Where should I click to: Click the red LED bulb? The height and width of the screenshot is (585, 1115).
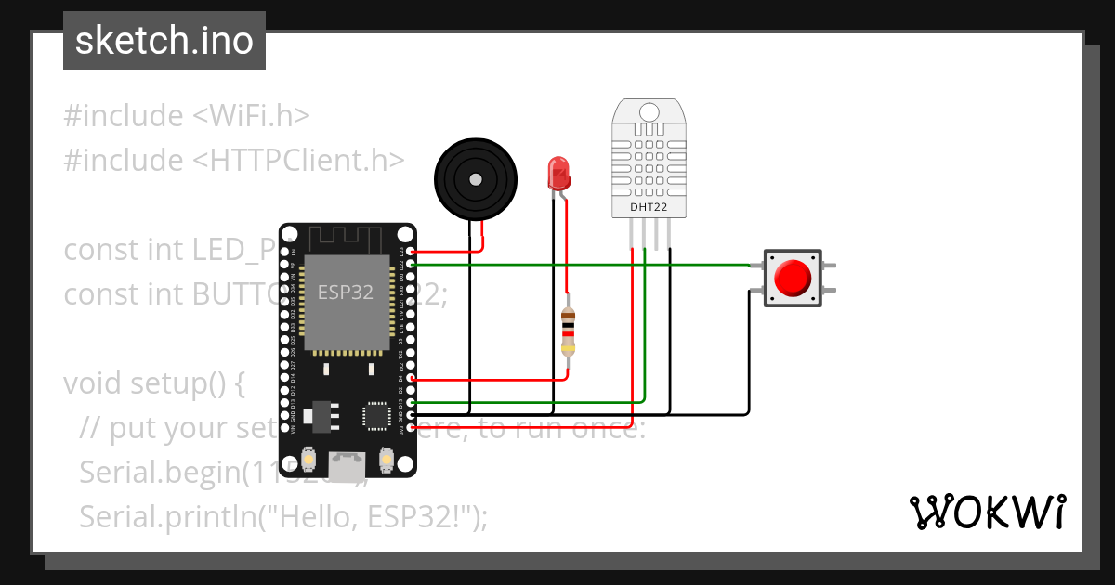click(x=558, y=173)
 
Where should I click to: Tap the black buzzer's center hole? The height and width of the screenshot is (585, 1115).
click(x=474, y=179)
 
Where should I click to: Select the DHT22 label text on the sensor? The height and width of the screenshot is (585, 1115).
click(x=649, y=206)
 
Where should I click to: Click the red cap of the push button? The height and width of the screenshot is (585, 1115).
click(x=793, y=278)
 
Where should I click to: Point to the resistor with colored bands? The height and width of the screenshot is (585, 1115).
click(x=568, y=332)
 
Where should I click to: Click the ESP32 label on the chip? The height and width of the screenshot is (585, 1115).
click(x=346, y=292)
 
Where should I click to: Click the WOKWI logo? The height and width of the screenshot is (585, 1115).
click(x=987, y=512)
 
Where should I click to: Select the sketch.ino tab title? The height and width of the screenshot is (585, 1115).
click(x=164, y=41)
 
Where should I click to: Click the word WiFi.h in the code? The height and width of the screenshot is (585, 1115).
click(x=251, y=116)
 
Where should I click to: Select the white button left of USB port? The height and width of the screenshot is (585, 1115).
click(x=310, y=459)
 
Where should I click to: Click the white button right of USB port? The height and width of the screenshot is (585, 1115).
click(x=387, y=459)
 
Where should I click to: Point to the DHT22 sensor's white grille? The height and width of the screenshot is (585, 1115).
click(x=649, y=154)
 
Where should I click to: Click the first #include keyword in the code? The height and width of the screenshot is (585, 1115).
click(x=124, y=116)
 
